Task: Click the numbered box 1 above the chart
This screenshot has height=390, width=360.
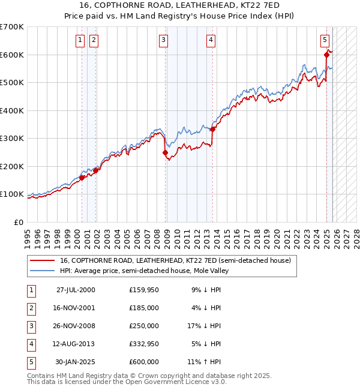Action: (80, 40)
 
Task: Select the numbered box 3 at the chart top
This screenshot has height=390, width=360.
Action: (163, 40)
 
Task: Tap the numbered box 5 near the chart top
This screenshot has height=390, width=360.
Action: (325, 40)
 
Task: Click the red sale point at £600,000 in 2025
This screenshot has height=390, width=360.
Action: (327, 55)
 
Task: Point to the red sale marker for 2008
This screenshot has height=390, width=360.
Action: (165, 152)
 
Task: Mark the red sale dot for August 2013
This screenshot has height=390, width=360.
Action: (212, 129)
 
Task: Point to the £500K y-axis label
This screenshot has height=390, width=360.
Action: (12, 83)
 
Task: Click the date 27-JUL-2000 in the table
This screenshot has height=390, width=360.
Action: (76, 290)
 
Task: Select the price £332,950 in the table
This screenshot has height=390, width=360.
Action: (143, 344)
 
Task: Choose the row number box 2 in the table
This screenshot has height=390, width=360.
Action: (30, 308)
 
